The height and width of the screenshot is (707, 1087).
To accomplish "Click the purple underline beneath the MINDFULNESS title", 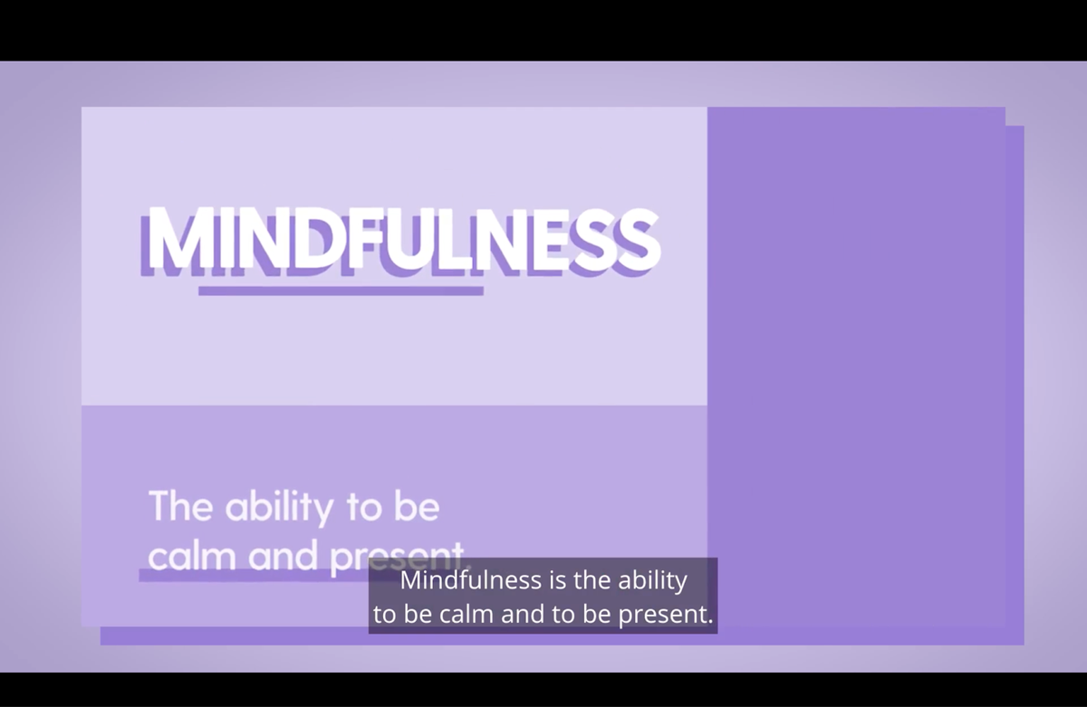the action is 341,291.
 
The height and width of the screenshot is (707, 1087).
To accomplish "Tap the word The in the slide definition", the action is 180,506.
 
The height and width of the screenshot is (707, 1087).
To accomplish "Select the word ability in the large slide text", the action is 279,509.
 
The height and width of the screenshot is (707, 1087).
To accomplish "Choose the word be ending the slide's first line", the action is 417,506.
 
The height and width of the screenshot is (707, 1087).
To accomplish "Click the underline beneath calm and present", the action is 254,576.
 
